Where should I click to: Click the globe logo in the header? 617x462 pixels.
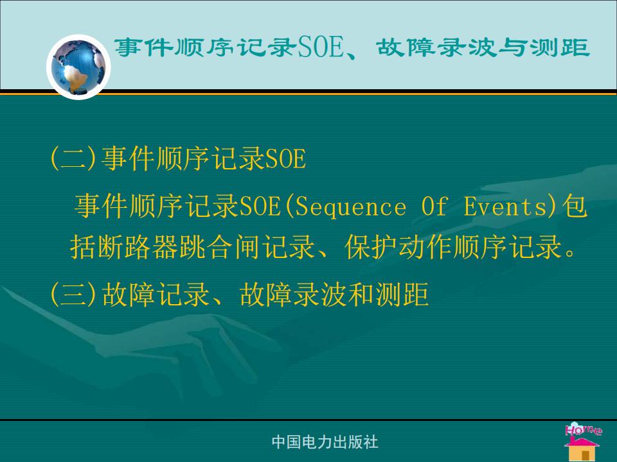point(78,67)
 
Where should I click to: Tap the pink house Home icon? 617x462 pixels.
point(583,441)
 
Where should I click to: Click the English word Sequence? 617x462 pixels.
point(351,207)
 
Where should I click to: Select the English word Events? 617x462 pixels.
point(505,206)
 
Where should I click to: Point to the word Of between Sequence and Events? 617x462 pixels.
point(434,206)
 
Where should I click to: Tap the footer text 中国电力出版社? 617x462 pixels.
point(325,442)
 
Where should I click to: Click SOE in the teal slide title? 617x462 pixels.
point(321,47)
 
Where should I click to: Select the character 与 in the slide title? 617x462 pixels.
point(512,47)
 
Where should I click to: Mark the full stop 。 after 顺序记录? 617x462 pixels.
point(570,252)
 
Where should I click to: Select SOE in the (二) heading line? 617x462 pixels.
point(285,159)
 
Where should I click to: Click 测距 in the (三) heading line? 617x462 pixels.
point(402,295)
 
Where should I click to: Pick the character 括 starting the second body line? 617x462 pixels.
point(83,247)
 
